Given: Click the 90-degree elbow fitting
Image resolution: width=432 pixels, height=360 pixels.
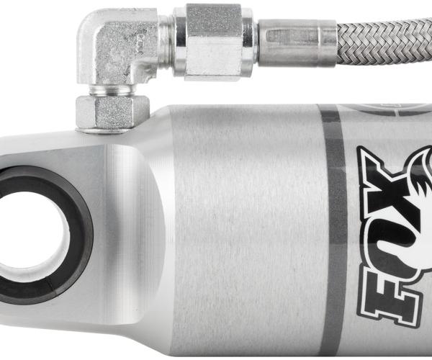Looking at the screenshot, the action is (x=116, y=47).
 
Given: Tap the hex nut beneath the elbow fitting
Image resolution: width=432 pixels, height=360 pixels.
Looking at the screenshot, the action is (x=112, y=112).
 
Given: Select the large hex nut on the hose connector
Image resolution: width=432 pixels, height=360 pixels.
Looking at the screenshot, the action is (x=214, y=42).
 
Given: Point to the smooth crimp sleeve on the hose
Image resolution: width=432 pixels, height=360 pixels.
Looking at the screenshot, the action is (x=297, y=43).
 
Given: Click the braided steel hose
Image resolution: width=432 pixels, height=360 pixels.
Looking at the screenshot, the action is (x=384, y=41).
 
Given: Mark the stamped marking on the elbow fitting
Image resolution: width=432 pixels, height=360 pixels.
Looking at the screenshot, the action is (x=140, y=42).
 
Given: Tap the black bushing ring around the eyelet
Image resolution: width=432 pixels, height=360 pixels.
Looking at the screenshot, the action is (x=80, y=234).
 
